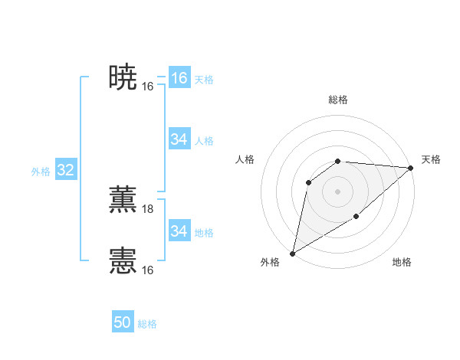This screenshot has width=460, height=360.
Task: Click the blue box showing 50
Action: (123, 323)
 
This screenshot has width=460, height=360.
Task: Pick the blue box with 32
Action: (65, 170)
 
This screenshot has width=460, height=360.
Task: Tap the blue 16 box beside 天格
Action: (179, 78)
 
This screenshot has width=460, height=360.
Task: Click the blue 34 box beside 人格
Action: (179, 139)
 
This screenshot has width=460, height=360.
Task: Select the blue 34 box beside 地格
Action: (179, 231)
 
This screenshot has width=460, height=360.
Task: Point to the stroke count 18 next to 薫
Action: (148, 209)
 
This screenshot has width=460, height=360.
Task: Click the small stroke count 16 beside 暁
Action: (148, 87)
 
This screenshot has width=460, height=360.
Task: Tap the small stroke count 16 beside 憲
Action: (148, 270)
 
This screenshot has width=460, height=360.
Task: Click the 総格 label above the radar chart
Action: (338, 100)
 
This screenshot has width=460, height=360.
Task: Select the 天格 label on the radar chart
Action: (431, 159)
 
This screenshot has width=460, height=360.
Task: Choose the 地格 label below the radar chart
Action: (402, 263)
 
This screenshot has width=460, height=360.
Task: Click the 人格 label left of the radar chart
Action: (245, 159)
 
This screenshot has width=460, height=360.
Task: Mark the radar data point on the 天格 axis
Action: (411, 168)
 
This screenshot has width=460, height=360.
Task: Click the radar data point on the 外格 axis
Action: (292, 254)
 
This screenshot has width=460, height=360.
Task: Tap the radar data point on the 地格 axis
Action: (356, 217)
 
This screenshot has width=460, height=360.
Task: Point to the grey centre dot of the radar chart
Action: (337, 191)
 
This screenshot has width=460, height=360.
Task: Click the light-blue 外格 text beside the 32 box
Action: (41, 172)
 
